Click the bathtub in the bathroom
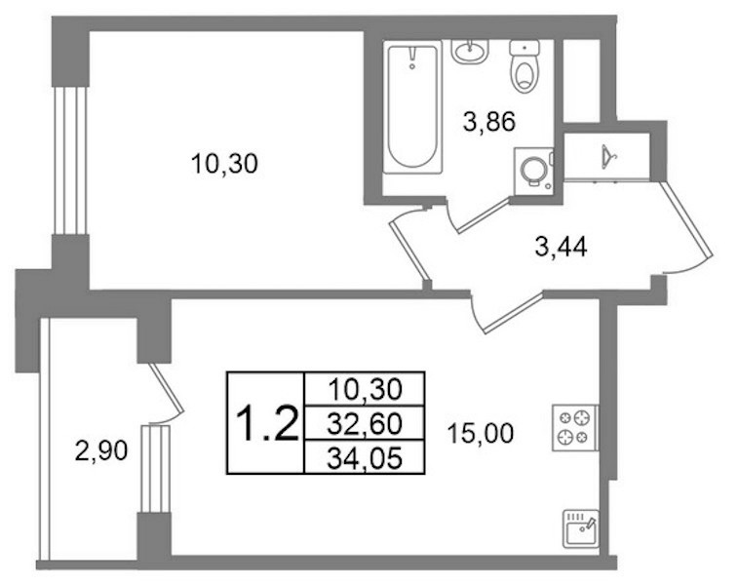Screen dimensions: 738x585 point(412,107)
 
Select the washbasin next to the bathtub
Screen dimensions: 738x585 point(470,51)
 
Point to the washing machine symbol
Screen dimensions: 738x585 point(533,172)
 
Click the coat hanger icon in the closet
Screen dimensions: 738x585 point(608,157)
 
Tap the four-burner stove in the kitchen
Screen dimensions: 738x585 point(574,428)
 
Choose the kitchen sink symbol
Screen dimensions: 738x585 point(581,529)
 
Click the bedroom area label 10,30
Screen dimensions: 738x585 point(224,164)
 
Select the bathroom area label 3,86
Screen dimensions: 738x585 point(489,122)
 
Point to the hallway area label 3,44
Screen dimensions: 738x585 point(561,247)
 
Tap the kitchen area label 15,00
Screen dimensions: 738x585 point(480,434)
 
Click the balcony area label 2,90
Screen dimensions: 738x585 point(101,450)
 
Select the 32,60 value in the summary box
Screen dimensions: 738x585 point(365,423)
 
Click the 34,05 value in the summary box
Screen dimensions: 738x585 point(365,458)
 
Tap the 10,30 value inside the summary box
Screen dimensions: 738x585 point(366,389)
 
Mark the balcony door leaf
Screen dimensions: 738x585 point(166,387)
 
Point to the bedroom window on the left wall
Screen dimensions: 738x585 point(70,161)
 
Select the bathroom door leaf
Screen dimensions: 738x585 point(485,215)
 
